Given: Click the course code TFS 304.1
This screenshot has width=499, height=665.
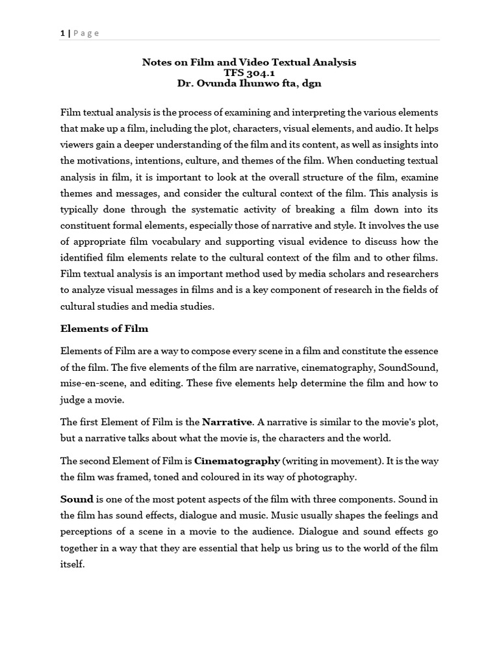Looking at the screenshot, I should (x=249, y=73).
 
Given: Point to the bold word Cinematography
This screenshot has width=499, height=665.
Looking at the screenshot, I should (x=237, y=461).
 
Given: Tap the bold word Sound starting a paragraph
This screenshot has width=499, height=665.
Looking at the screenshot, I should (x=77, y=499).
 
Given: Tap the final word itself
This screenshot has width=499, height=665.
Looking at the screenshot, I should (x=72, y=564).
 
